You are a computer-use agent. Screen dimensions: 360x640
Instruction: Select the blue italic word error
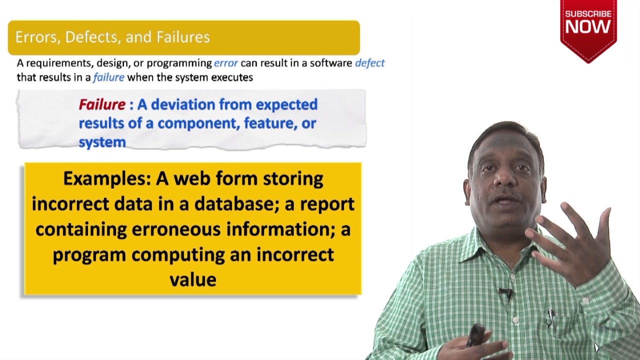pos(226,63)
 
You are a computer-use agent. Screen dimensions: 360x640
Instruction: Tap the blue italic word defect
pos(369,63)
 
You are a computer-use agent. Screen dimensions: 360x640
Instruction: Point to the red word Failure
pos(102,104)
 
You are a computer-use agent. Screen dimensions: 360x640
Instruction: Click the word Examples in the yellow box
pos(106,178)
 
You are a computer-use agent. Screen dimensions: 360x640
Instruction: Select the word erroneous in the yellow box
pos(176,229)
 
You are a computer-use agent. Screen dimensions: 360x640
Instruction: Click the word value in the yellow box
pos(192,279)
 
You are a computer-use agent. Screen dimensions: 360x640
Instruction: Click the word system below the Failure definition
pos(102,142)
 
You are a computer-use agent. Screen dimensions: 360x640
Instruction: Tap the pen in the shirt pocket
pos(550,317)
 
